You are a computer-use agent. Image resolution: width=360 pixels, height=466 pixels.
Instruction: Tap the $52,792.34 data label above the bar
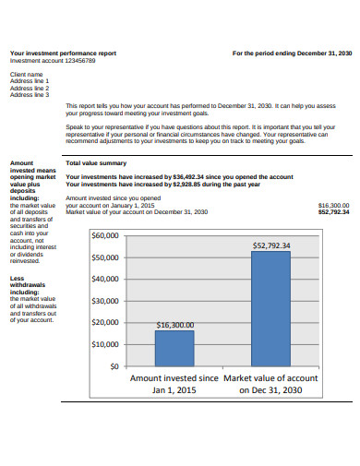[x=271, y=245]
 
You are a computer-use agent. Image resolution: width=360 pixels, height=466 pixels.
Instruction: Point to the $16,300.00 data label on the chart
[x=175, y=325]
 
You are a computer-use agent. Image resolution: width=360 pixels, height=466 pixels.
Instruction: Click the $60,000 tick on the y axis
[x=105, y=235]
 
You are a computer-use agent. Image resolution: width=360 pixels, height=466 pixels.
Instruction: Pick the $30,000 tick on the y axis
[x=105, y=301]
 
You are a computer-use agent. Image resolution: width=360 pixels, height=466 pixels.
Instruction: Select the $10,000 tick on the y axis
[x=105, y=344]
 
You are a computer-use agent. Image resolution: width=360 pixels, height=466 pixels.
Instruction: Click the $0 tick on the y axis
[x=114, y=366]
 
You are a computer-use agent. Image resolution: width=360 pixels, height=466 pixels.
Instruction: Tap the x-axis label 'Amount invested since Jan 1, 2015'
[x=174, y=384]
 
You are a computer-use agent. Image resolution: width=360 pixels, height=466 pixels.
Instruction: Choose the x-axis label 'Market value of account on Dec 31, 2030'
[x=270, y=384]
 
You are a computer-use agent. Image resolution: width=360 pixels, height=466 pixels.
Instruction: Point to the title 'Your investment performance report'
[x=63, y=54]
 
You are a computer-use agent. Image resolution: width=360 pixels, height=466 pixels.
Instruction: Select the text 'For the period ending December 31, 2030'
[x=292, y=54]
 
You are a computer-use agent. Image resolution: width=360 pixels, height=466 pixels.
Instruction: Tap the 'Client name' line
[x=26, y=74]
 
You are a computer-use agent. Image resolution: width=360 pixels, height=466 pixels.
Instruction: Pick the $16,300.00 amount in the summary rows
[x=333, y=205]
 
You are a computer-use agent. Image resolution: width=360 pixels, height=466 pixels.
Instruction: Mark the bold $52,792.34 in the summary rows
[x=333, y=211]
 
